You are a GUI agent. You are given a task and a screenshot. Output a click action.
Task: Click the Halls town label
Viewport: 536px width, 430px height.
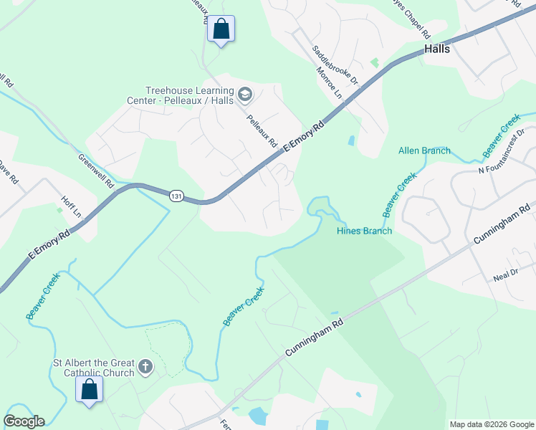pos(436,49)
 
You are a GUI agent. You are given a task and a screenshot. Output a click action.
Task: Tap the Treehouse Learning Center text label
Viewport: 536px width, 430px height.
pos(190,96)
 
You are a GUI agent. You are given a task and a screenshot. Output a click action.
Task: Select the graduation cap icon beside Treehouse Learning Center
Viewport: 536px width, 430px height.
pos(245,94)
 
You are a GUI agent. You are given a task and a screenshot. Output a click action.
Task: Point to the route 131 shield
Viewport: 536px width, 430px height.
pos(175,196)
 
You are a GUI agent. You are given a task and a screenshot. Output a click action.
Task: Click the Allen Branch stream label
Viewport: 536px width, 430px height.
pos(424,150)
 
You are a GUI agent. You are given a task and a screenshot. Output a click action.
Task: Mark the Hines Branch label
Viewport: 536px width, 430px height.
pos(365,231)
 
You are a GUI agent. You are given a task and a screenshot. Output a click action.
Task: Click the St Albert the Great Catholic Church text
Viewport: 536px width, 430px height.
pos(94,368)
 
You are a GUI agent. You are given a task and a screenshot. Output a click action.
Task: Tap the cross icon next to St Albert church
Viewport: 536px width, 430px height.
pos(145,368)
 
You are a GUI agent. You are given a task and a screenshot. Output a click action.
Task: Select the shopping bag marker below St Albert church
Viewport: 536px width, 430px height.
pos(90,390)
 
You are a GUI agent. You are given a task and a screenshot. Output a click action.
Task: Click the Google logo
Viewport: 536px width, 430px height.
pos(24,421)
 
